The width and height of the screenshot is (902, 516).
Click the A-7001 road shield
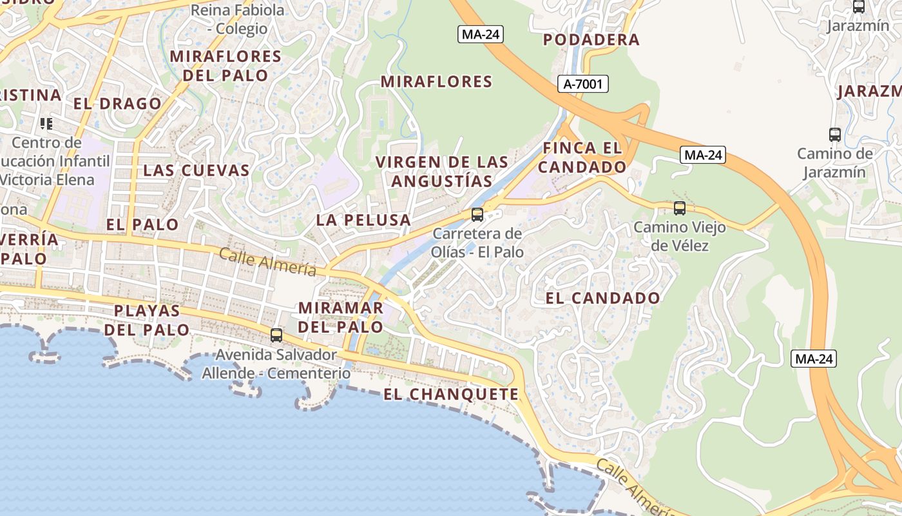[x=582, y=84]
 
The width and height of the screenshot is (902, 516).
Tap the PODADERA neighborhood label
[x=591, y=40]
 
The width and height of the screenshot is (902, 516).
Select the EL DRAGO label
[x=117, y=104]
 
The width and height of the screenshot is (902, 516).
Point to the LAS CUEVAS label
[x=196, y=170]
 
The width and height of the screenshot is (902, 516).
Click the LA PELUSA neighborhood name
[x=363, y=220]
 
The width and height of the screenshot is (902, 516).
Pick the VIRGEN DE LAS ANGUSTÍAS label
[x=442, y=172]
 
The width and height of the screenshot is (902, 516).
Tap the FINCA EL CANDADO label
[x=582, y=157]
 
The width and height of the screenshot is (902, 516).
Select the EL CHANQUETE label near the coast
[x=451, y=394]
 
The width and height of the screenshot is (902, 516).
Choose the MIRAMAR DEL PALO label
[x=341, y=317]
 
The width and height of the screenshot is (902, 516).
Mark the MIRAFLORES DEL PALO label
[x=225, y=66]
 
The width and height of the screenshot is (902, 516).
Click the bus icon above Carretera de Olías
[x=477, y=215]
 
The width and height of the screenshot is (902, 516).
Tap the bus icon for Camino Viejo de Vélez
[x=680, y=208]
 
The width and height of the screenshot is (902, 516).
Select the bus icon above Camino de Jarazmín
[x=835, y=135]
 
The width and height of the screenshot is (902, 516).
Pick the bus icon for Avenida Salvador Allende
[x=276, y=335]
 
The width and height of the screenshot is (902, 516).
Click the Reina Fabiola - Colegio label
[x=238, y=19]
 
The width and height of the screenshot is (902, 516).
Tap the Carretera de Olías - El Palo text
[x=477, y=242]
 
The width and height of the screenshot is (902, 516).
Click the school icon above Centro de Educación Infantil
[x=46, y=123]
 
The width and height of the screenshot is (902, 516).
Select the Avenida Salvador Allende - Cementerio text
[x=276, y=364]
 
